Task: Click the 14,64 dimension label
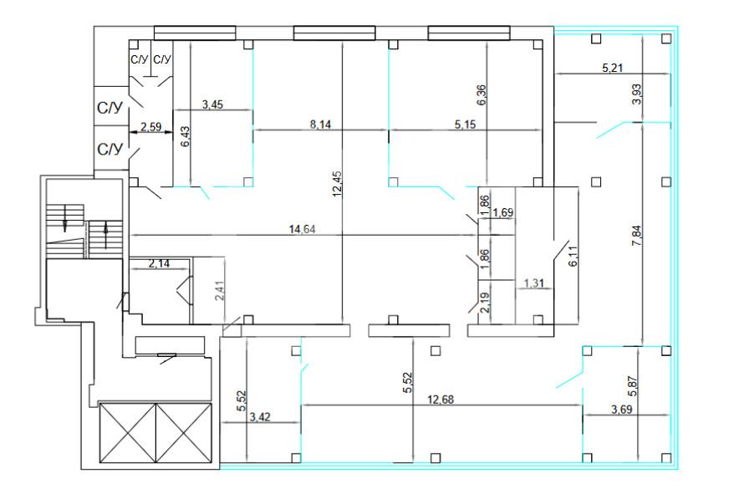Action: coord(302,229)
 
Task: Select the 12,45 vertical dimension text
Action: coord(337,185)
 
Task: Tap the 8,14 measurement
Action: coord(320,125)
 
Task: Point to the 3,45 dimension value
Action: coord(212,104)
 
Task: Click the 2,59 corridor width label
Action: coord(150,126)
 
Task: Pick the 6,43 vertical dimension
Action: coord(186,136)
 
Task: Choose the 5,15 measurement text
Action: coord(465,125)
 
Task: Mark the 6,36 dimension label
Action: coord(481,95)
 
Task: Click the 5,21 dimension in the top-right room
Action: coord(613,68)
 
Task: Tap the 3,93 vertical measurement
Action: coord(636,94)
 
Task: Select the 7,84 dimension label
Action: coord(636,236)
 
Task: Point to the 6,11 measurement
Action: coord(573,256)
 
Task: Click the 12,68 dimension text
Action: coord(441,400)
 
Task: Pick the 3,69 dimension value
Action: coord(621,410)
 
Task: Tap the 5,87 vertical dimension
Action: coord(634,386)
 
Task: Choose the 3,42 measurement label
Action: coord(260,417)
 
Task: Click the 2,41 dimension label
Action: coord(220,290)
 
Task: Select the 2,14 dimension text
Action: coord(159,263)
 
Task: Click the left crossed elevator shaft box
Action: coord(128,433)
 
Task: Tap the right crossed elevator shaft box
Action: coord(184,433)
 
